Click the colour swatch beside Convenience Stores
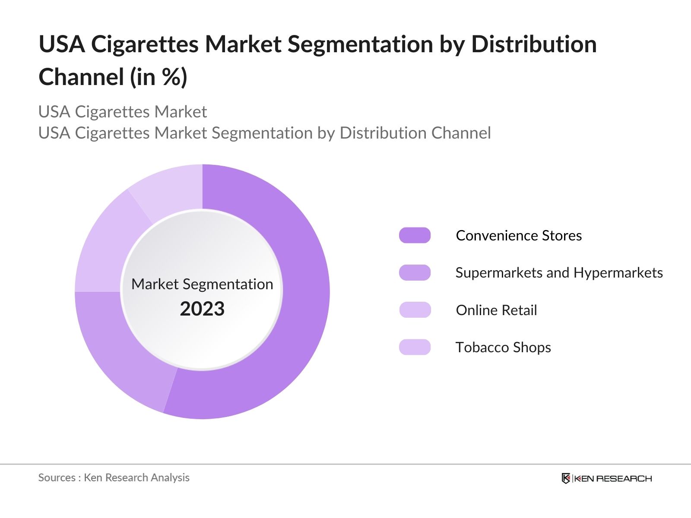[x=415, y=235]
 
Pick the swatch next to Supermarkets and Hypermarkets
[x=415, y=273]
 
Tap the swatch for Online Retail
[x=415, y=310]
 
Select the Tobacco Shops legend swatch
[x=415, y=347]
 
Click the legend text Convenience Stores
[x=519, y=235]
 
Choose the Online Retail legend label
[x=496, y=310]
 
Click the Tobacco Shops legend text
[x=503, y=347]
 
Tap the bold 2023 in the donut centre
[x=202, y=309]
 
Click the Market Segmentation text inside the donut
[x=202, y=284]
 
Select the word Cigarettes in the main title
[x=145, y=44]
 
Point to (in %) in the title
[x=158, y=77]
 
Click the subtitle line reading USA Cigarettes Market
[x=123, y=112]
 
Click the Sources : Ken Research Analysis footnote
[x=114, y=477]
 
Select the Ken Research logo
[x=606, y=478]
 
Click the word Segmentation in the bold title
[x=360, y=44]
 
